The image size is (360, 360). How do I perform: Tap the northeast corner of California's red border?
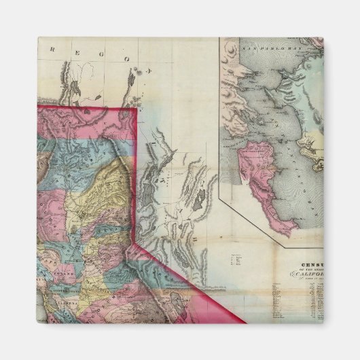(135, 109)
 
